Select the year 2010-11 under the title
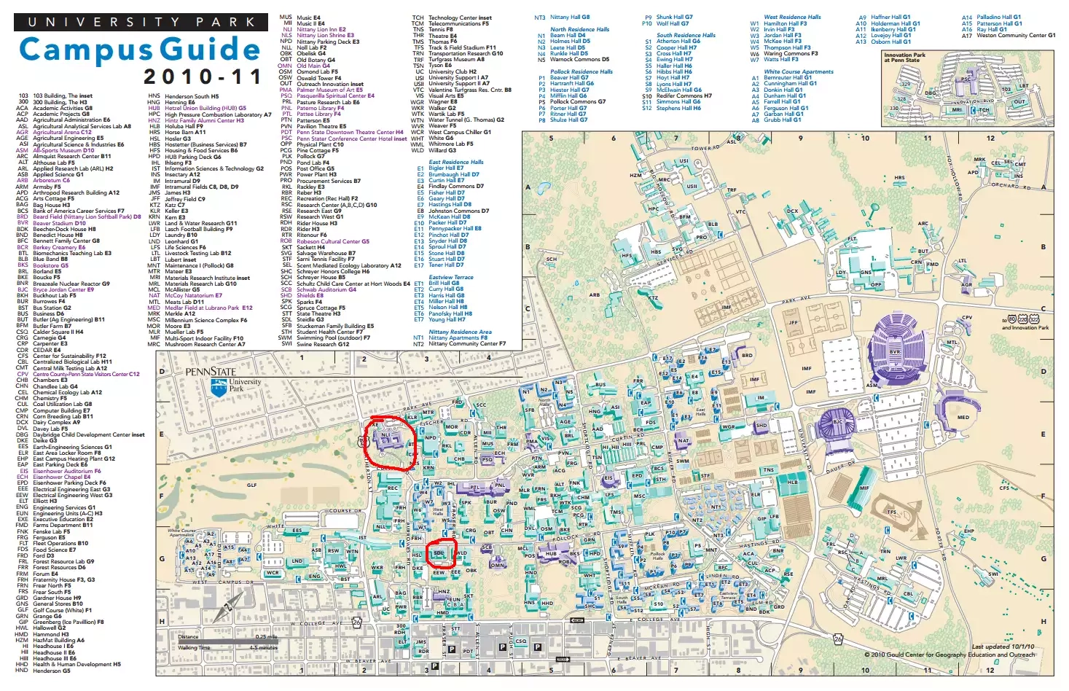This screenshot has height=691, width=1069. pos(202,77)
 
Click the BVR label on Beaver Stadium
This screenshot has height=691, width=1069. pos(895,352)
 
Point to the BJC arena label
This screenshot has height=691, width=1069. pos(837,422)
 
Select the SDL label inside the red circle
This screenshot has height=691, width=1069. pos(439,553)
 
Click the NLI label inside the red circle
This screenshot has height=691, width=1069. pos(385,436)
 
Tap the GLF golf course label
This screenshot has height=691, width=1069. pos(251,485)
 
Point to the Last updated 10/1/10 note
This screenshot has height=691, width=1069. pos(1002,647)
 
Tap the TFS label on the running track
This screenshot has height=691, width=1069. pos(891,512)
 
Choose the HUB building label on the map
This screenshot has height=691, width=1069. pos(551,554)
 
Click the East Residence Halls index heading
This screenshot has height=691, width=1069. pos(455,162)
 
